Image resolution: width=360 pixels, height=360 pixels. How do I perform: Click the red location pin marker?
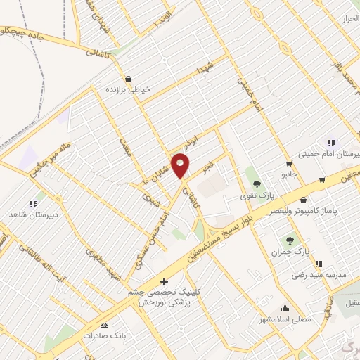point(181,166)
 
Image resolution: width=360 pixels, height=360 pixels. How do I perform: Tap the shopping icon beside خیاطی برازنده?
point(129,79)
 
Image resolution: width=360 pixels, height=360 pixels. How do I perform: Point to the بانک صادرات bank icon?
point(105,325)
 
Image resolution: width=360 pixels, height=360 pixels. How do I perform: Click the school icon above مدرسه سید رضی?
point(319,264)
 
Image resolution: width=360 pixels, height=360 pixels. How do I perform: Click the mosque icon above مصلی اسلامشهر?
point(285,307)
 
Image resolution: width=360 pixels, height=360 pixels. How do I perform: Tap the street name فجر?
point(207,169)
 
